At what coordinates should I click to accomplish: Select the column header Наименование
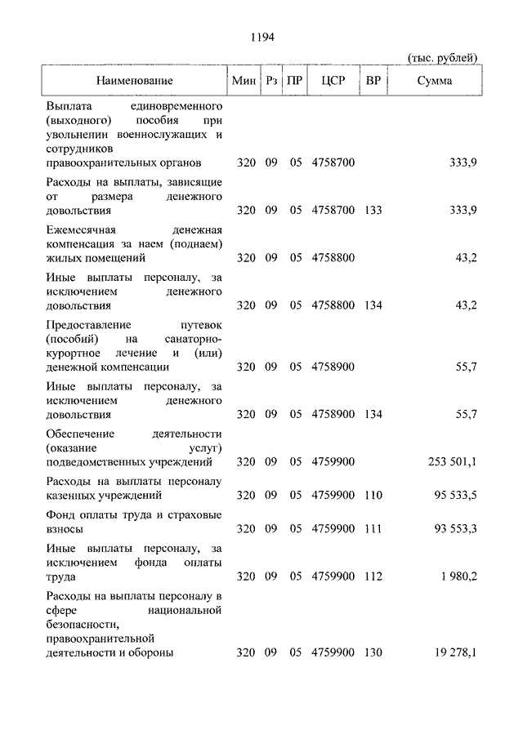135,81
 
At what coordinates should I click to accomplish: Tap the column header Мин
244,81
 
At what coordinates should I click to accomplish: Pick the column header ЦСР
333,81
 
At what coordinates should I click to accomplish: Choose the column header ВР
373,81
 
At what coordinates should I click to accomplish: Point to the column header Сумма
435,81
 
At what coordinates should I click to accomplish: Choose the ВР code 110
373,495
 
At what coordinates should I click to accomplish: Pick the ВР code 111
373,528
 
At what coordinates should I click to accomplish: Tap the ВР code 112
373,577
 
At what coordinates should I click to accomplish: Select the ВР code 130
373,652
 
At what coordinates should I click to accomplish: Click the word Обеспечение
81,433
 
